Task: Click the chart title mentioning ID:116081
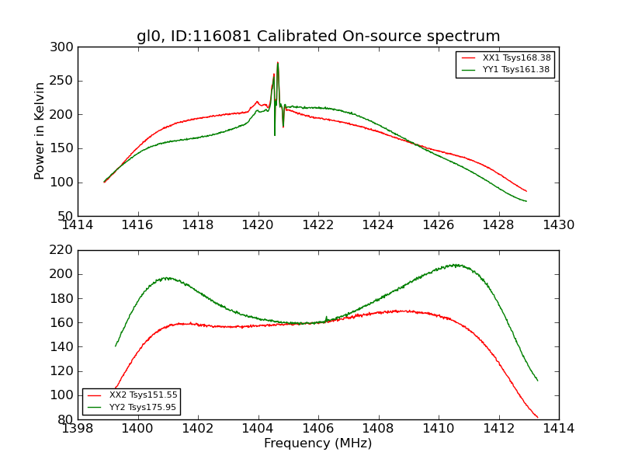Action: click(x=318, y=37)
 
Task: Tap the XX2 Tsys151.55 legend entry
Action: click(x=144, y=395)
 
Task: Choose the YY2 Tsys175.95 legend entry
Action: click(x=144, y=407)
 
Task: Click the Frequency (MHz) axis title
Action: click(x=318, y=443)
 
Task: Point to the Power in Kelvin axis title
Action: click(x=40, y=131)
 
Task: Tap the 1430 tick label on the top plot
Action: click(x=558, y=224)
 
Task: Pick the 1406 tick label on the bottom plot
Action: click(x=318, y=428)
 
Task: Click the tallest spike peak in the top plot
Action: click(x=277, y=63)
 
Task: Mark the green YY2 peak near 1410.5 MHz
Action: click(x=456, y=265)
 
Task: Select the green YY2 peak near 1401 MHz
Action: click(x=166, y=278)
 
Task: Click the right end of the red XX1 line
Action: click(x=526, y=191)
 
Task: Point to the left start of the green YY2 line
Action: click(x=116, y=346)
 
